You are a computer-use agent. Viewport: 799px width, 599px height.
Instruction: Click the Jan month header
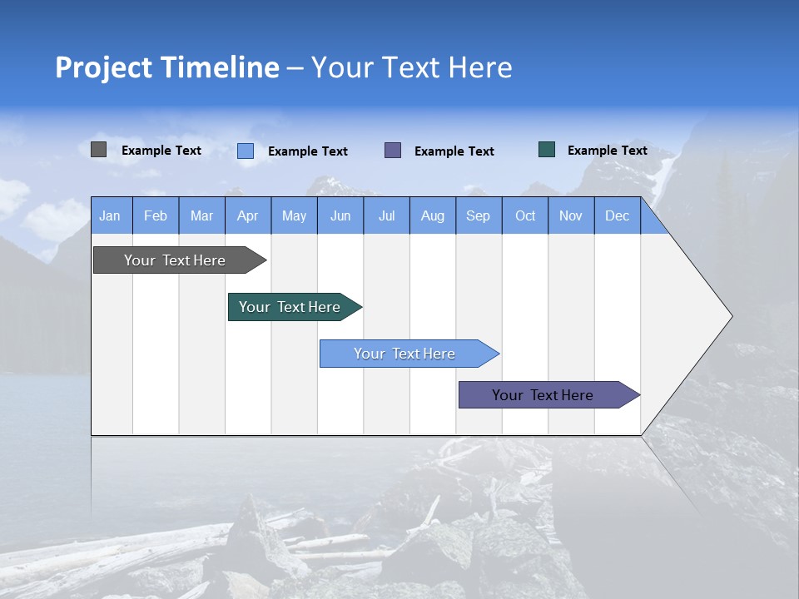tap(110, 215)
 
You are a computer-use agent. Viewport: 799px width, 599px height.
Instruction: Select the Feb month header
tap(156, 215)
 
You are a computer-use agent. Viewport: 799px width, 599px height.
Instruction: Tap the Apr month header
tap(247, 215)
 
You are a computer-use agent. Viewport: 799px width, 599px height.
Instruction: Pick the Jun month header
tap(340, 215)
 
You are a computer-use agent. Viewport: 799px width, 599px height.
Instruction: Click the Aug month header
tap(432, 215)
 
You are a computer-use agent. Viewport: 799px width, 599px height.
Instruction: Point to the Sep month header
tap(478, 215)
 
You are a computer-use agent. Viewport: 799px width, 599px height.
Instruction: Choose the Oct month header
tap(525, 215)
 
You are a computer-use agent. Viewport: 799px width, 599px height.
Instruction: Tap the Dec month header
tap(617, 215)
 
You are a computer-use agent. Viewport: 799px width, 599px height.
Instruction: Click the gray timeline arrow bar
tap(175, 260)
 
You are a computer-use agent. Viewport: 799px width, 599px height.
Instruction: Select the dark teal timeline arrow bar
tap(290, 307)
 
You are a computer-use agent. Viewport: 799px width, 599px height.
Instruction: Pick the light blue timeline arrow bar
tap(404, 354)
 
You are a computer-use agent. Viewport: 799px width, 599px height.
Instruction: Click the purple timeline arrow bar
tap(543, 395)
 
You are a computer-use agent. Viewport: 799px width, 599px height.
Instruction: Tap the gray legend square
tap(98, 150)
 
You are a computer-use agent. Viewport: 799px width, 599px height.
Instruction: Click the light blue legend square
tap(246, 151)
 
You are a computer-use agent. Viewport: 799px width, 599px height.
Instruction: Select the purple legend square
tap(393, 150)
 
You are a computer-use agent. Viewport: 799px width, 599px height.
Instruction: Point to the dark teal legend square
tap(547, 150)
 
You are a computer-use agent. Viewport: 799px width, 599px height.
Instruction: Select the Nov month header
tap(571, 215)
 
